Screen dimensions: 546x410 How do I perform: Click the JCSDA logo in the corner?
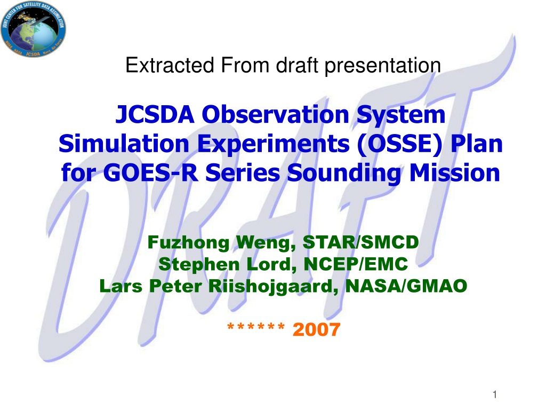click(33, 29)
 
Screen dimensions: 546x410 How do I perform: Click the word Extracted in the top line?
click(170, 65)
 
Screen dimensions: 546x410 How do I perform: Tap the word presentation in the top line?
click(383, 66)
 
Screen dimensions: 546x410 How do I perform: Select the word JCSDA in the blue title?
click(155, 115)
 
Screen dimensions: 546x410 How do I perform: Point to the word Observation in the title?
click(276, 115)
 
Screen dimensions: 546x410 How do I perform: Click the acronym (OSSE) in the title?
click(400, 144)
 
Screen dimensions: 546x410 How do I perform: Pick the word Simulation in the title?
click(124, 144)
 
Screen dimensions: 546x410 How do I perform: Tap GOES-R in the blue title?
click(151, 173)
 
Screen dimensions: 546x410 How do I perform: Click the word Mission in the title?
click(455, 173)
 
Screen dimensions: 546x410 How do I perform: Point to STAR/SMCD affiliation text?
click(361, 242)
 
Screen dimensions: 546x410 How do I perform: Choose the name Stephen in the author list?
click(199, 265)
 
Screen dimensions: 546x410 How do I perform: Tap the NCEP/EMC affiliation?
click(356, 264)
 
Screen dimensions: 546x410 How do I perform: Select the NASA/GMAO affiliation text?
click(406, 286)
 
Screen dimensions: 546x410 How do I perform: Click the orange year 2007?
click(317, 329)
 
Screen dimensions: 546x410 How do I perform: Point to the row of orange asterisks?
click(256, 327)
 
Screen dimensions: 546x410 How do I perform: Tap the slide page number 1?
click(494, 395)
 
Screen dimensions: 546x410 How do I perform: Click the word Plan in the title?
click(477, 144)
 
